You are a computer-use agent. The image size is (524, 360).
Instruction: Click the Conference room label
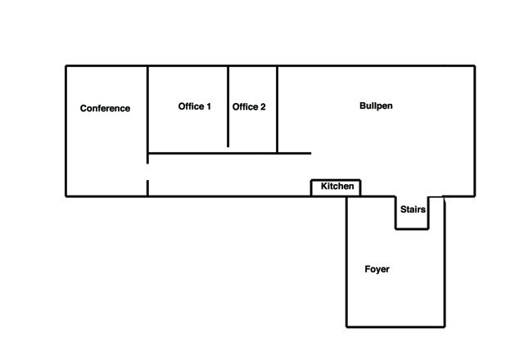pos(105,108)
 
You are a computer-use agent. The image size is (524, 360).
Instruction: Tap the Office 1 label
pos(195,106)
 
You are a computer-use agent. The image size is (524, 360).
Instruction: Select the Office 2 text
pos(249,107)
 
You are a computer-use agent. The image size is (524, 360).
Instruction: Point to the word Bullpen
pos(376,106)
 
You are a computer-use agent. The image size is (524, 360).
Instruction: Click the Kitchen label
pos(337,186)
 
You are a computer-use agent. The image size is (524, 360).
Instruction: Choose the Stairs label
pos(413,209)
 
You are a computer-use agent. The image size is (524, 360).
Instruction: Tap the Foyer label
pos(377,269)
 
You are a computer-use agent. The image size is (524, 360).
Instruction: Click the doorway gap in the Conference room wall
pos(147,172)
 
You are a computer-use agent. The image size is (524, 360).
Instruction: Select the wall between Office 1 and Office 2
pos(228,106)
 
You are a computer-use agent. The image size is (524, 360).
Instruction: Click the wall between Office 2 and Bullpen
pos(277,110)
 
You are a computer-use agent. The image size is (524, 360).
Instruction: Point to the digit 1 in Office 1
pos(209,106)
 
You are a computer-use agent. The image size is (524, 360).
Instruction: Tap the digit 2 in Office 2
pos(263,107)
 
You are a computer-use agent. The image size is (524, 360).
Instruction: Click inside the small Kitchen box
pos(336,188)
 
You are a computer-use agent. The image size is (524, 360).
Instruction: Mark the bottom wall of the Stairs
pos(412,229)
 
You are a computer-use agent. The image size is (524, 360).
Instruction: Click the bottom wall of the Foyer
pos(395,326)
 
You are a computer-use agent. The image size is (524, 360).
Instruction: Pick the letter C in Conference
pos(84,109)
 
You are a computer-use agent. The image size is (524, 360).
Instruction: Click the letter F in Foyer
pos(368,269)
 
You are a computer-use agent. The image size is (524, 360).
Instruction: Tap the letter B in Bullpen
pos(363,106)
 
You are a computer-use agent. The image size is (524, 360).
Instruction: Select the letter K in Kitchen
pos(324,186)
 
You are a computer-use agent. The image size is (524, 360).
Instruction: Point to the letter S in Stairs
pos(404,209)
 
